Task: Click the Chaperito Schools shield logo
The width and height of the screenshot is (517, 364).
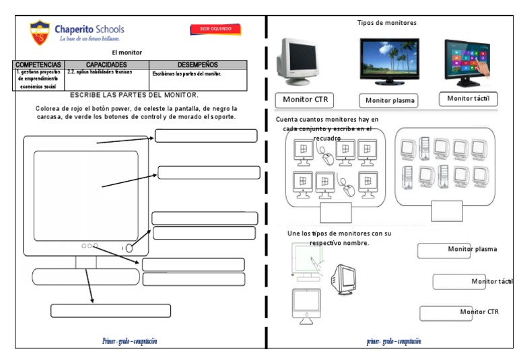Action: pos(40,32)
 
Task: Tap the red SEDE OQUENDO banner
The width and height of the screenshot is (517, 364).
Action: pos(215,29)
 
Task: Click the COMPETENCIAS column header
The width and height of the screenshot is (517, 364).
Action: pos(38,65)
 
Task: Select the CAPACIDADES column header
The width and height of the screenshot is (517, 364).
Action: pos(106,65)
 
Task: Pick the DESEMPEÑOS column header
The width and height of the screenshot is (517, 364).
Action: pos(198,65)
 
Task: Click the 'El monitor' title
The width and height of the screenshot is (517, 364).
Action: pos(127,52)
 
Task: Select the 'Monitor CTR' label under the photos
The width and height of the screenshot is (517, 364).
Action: pos(305,100)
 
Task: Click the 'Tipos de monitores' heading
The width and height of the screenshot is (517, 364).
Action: pos(386,23)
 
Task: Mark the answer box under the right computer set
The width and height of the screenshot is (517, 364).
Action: pos(447,211)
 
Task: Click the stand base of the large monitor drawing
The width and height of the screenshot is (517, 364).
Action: pos(85,277)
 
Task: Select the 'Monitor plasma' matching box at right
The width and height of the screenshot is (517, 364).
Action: pos(444,250)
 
